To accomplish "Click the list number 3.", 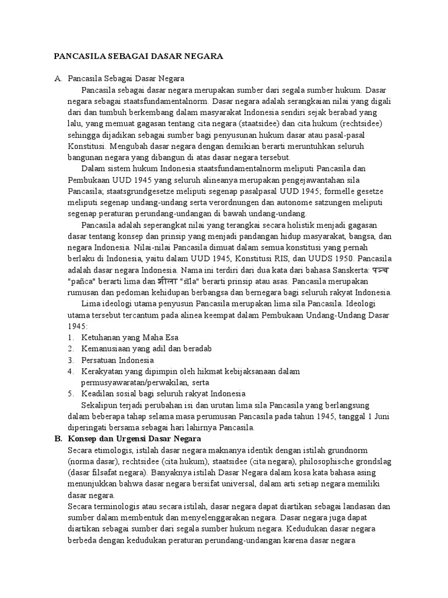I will tap(70, 360).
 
